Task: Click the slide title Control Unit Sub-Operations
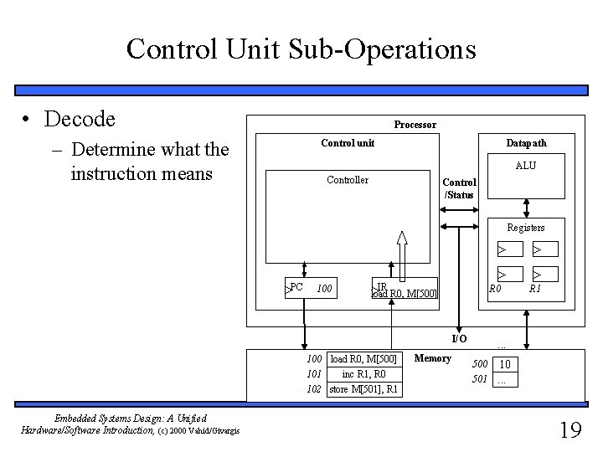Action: tap(301, 49)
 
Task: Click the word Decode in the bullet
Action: tap(80, 120)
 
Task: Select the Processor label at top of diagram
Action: tap(415, 125)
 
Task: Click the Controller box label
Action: tap(347, 180)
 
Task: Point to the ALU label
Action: tap(526, 166)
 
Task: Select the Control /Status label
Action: tap(458, 189)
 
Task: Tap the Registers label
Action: tap(525, 228)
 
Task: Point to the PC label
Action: tap(296, 287)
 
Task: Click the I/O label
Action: tap(459, 339)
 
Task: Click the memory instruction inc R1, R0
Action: tap(365, 374)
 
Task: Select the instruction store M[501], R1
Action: tap(364, 389)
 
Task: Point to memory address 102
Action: tap(315, 389)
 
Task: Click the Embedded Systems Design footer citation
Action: tap(103, 424)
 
